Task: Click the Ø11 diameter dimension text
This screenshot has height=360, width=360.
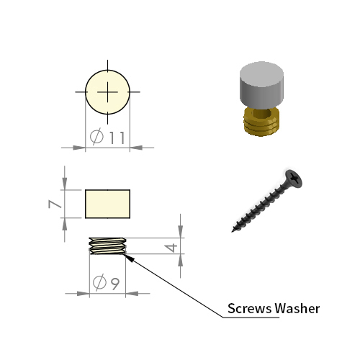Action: click(x=107, y=137)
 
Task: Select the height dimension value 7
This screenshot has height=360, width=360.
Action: click(x=55, y=204)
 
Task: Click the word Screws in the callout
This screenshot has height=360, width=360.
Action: click(x=250, y=308)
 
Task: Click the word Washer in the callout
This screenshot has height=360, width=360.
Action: click(x=297, y=308)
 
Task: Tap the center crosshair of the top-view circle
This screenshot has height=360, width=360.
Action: click(x=107, y=92)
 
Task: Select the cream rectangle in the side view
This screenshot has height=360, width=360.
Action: click(x=107, y=204)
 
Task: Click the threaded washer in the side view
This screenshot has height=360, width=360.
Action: click(x=107, y=246)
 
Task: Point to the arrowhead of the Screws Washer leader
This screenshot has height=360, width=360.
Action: click(x=129, y=258)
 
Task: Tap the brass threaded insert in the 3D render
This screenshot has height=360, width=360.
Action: click(x=261, y=122)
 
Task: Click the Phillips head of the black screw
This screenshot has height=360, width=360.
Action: click(x=294, y=179)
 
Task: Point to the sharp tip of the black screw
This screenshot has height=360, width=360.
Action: click(x=233, y=231)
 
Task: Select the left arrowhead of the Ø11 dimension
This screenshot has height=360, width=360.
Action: click(x=79, y=148)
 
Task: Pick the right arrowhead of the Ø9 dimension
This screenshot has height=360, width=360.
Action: click(x=132, y=293)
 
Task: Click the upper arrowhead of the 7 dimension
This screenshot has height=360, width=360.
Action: click(x=65, y=184)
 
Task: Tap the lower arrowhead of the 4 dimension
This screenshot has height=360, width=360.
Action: click(x=180, y=260)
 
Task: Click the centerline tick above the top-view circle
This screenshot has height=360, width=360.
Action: click(x=107, y=65)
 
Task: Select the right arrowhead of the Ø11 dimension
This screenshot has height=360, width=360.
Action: click(x=136, y=148)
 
